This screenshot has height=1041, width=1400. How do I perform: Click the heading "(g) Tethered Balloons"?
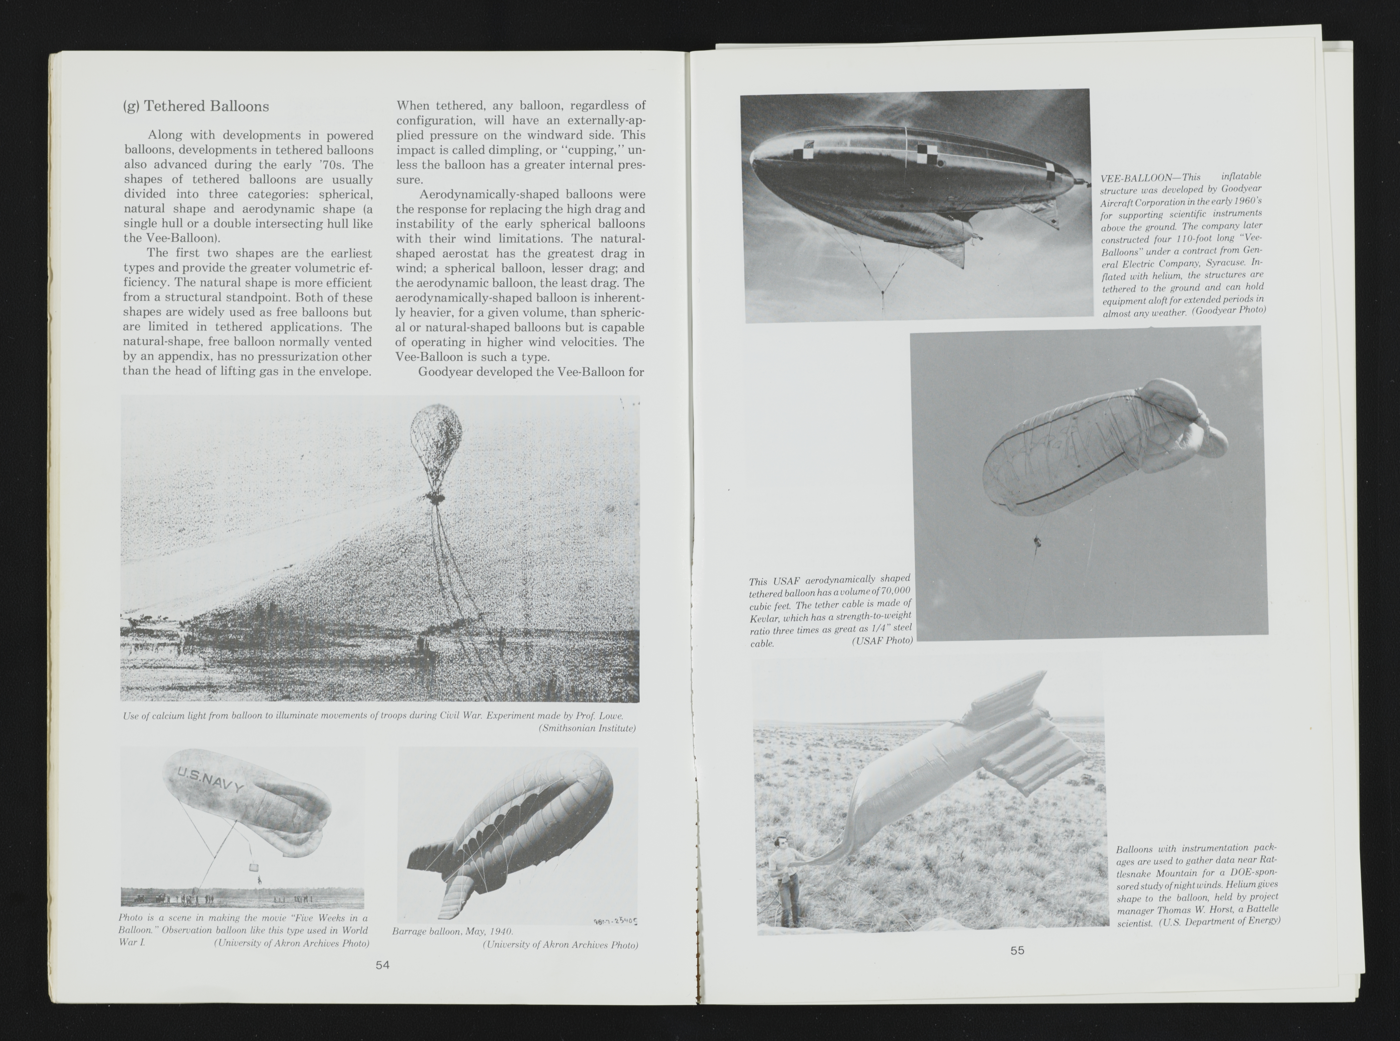195,106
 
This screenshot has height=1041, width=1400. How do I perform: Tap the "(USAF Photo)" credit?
881,641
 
